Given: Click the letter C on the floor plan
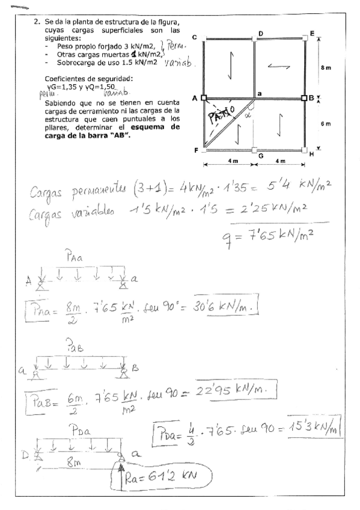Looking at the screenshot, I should click(x=195, y=37).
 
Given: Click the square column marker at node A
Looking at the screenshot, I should click(x=203, y=97).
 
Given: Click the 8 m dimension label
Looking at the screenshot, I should click(x=326, y=68).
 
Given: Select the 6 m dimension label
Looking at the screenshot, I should click(x=326, y=123).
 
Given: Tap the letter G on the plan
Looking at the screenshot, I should click(x=260, y=155).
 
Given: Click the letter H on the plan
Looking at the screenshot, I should click(x=311, y=154).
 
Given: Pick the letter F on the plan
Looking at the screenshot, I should click(x=197, y=150).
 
